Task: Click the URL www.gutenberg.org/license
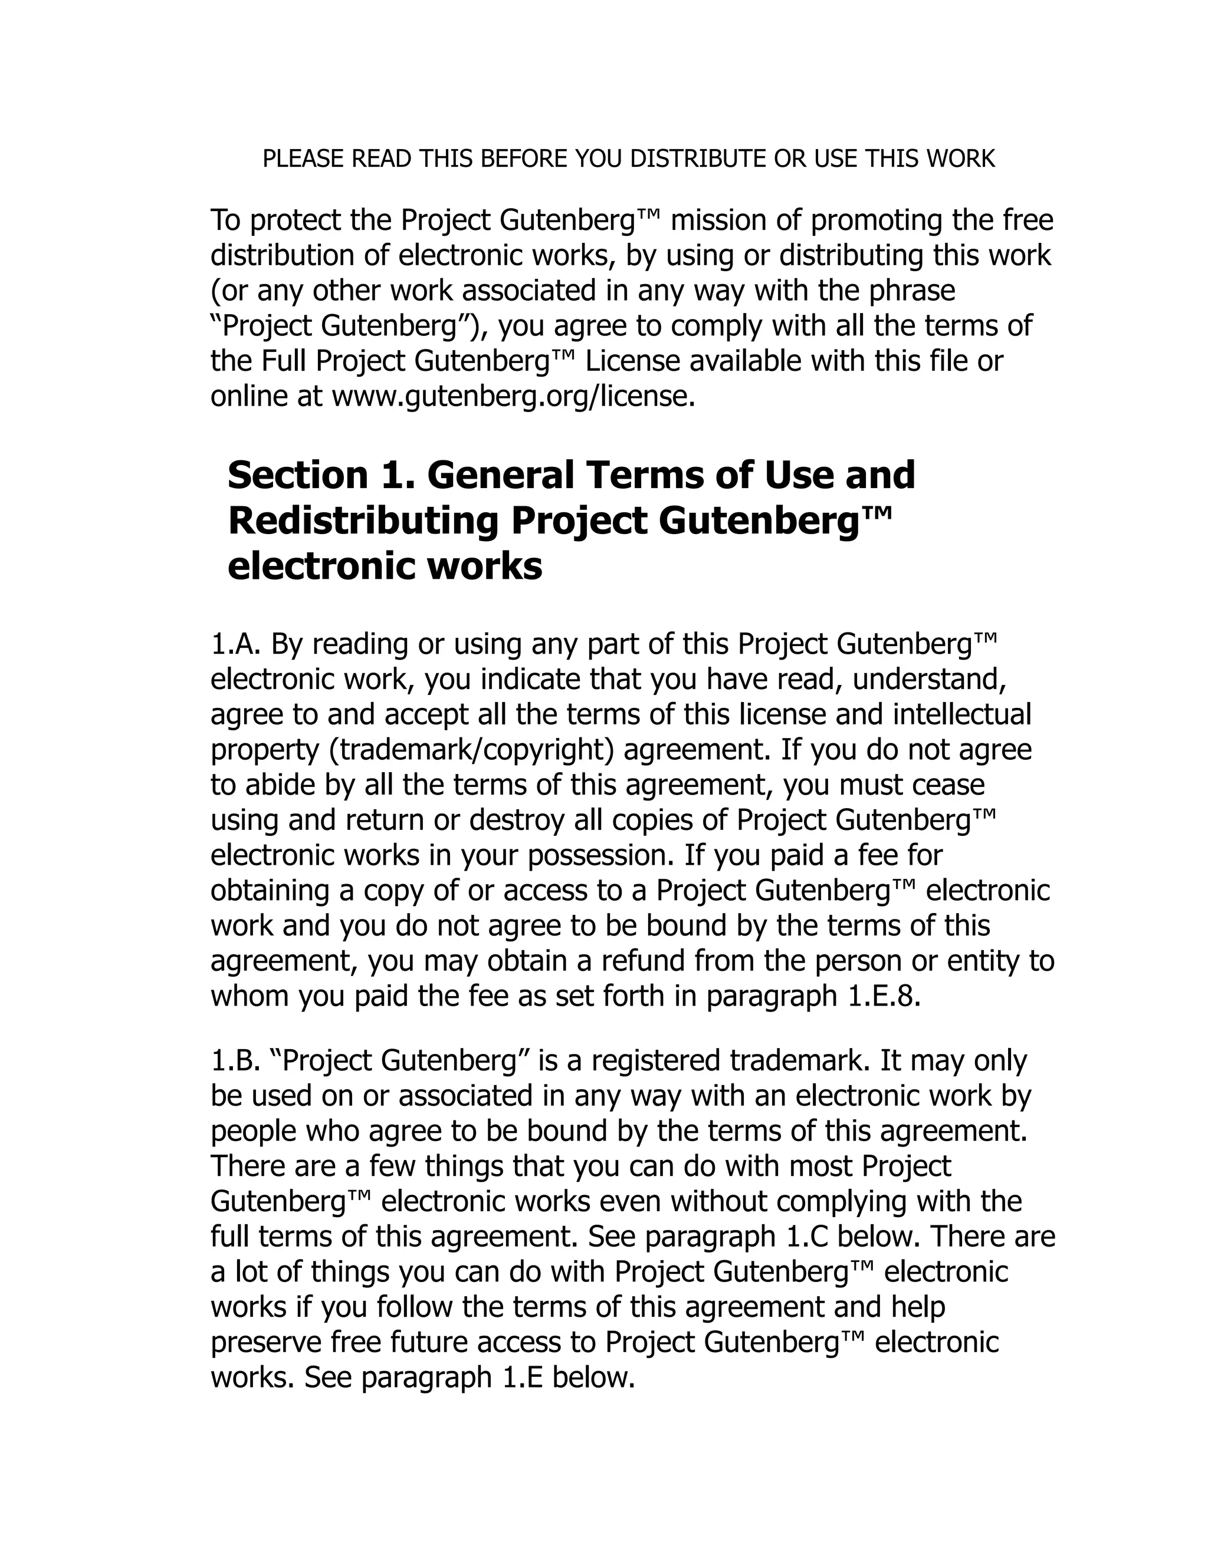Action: [x=513, y=396]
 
